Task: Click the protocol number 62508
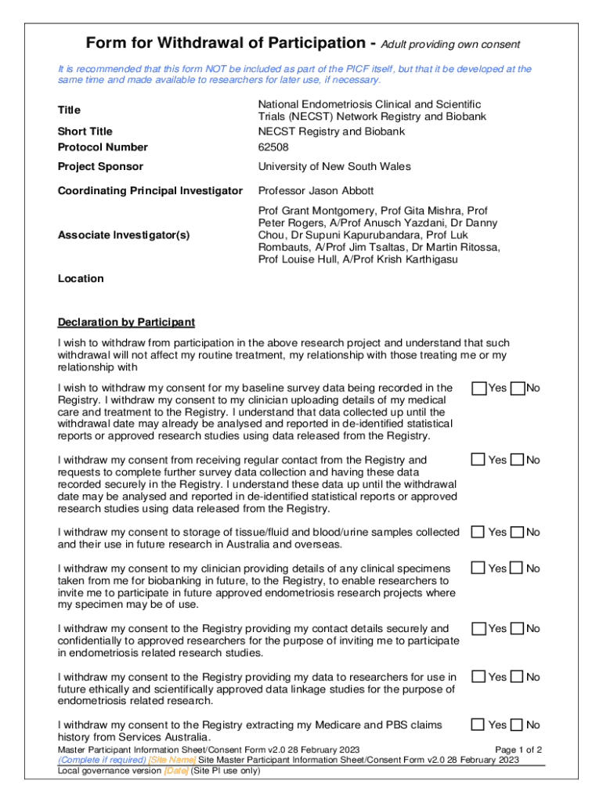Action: coord(273,146)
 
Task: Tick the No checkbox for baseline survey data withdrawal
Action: coord(517,388)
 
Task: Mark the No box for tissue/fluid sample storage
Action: coord(517,533)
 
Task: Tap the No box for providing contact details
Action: coord(517,629)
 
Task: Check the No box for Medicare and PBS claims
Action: coord(517,725)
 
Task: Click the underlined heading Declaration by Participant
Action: coord(126,323)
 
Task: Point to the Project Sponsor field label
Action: coord(100,167)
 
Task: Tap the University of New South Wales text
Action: coord(334,167)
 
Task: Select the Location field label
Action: coord(81,279)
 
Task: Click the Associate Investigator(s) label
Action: coord(124,235)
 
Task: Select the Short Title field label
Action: coord(85,132)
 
